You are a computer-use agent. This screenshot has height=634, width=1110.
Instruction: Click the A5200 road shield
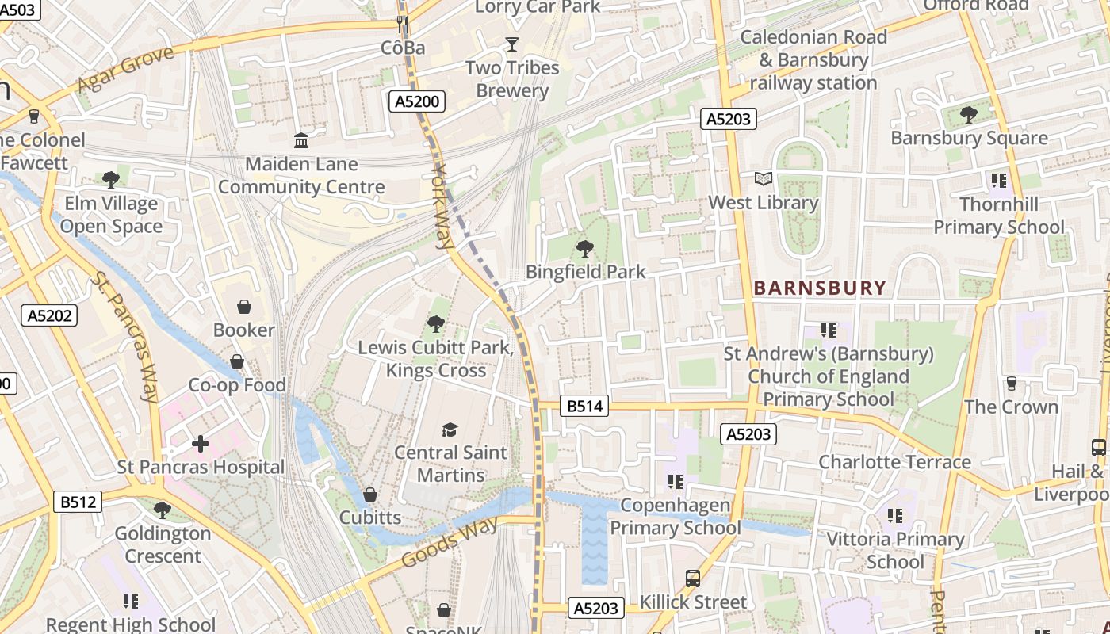(x=417, y=101)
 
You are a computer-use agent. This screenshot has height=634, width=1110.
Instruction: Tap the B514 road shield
(x=585, y=407)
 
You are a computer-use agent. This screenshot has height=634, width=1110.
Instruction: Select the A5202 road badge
(x=49, y=315)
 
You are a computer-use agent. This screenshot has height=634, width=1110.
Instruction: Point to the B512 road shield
(x=78, y=502)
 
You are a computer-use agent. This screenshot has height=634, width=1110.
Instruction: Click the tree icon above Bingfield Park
(x=585, y=249)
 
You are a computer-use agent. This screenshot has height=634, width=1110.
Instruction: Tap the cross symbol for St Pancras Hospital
(x=201, y=444)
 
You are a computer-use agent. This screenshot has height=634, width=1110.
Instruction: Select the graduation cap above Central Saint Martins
(x=450, y=430)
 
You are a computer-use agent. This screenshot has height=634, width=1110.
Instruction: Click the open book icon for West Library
(x=763, y=179)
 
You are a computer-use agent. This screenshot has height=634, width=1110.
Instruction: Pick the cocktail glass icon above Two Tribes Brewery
(x=511, y=44)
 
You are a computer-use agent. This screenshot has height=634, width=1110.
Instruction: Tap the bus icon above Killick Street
(x=693, y=579)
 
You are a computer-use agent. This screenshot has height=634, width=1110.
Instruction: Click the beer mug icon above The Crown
(x=1011, y=384)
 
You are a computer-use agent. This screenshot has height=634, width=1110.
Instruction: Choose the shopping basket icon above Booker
(x=244, y=307)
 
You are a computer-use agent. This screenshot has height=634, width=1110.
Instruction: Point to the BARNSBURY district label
(x=819, y=288)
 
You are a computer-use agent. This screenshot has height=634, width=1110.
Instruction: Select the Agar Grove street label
(x=125, y=70)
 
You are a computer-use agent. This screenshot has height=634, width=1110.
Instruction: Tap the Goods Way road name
(x=450, y=542)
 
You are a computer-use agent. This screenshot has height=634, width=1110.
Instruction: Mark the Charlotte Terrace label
(x=894, y=462)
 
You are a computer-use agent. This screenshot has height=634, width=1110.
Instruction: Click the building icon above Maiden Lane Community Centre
(x=301, y=141)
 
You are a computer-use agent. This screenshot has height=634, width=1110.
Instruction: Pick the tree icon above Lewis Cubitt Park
(x=435, y=323)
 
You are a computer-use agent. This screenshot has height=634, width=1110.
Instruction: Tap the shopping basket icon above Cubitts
(x=369, y=495)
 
